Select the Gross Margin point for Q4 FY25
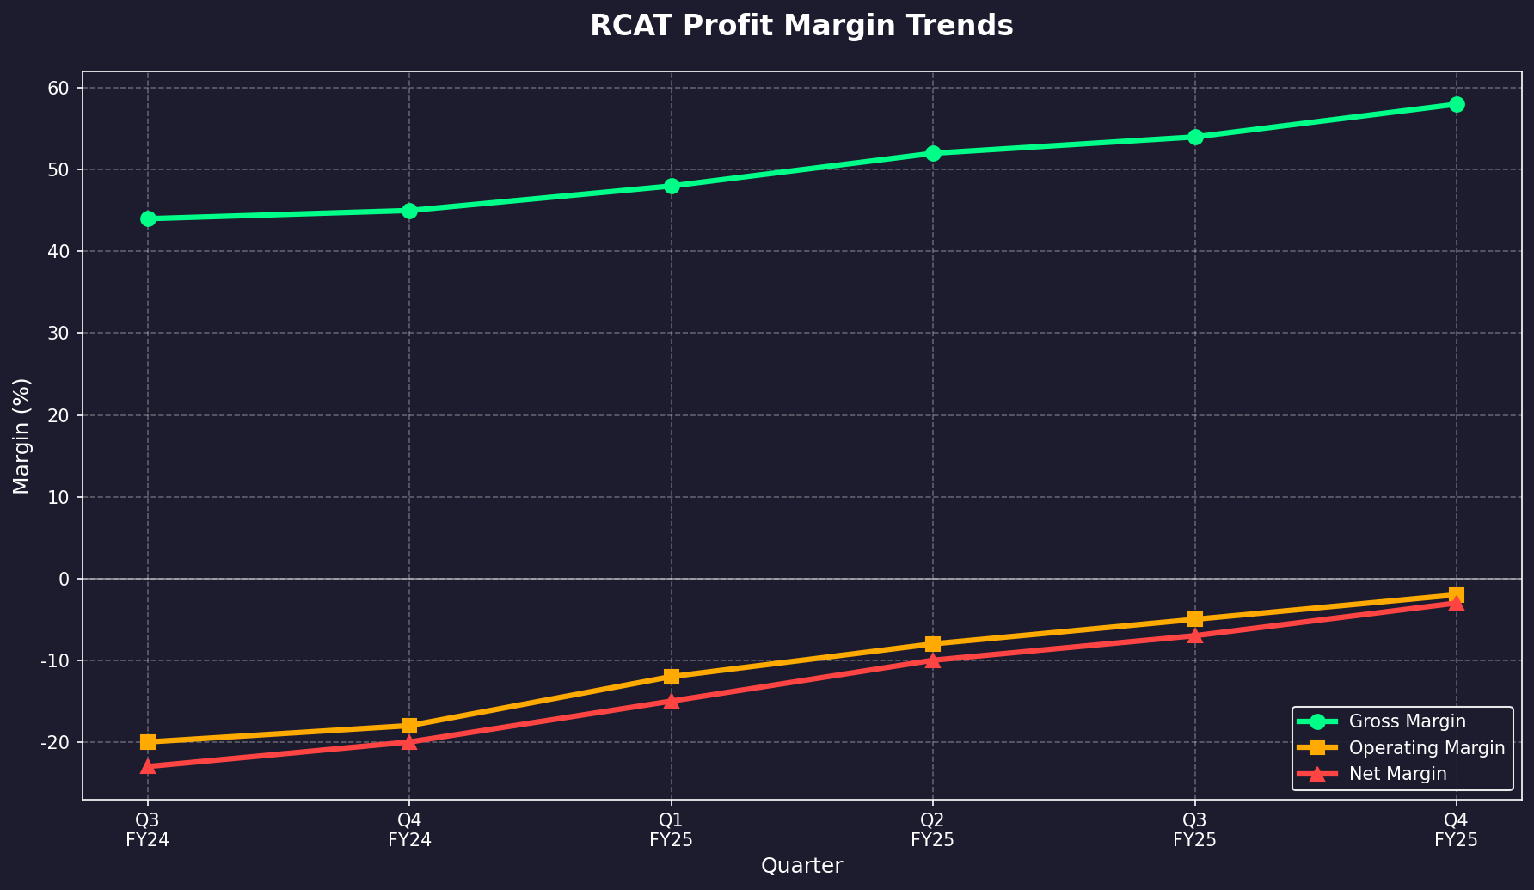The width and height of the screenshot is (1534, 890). pos(1457,105)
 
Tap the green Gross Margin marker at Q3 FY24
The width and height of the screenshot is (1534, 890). pos(148,219)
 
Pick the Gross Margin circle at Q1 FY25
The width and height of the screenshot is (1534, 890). pos(672,187)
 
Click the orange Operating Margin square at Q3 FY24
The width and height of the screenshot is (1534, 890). pos(148,741)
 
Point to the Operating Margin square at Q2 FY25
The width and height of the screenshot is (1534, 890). pos(933,644)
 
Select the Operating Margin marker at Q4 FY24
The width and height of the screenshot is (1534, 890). pos(409,726)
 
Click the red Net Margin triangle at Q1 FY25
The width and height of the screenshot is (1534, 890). pos(672,701)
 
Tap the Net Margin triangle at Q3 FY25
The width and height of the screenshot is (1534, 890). pos(1195,635)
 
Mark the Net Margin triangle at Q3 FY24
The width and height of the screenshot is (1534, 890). pos(148,765)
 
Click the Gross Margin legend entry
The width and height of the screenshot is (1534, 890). pos(1407,721)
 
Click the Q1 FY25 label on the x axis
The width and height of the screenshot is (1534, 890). pos(672,830)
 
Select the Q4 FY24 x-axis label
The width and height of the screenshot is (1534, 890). pos(409,830)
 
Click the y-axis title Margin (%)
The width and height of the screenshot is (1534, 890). pos(22,436)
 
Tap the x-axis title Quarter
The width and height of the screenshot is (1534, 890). pos(801,866)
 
